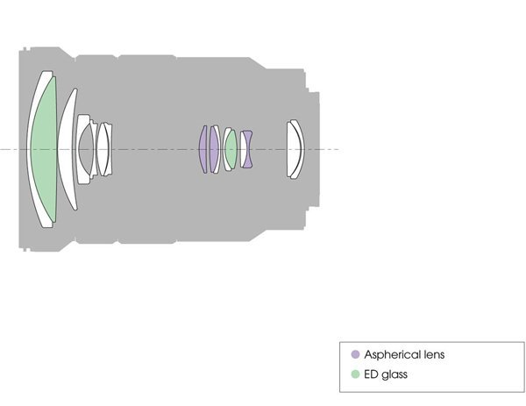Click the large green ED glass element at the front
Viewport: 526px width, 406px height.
coord(44,149)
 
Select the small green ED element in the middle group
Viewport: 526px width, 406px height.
coord(231,149)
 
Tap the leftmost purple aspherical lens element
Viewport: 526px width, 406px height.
coord(203,149)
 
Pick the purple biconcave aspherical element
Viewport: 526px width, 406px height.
coord(247,149)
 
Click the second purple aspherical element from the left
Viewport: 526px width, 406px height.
coord(214,149)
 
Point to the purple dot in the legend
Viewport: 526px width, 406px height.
coord(355,354)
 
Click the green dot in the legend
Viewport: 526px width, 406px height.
coord(355,374)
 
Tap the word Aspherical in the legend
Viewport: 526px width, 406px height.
coord(393,354)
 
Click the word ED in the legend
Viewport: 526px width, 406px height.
coord(370,374)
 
